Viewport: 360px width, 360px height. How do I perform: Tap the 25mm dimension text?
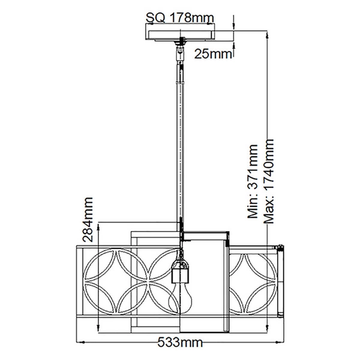[214, 54]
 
